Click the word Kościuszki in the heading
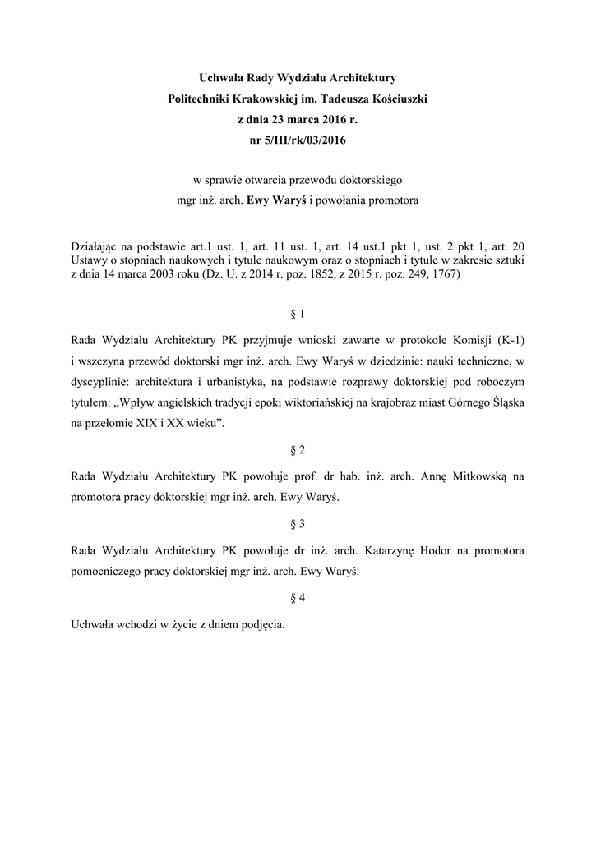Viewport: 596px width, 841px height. tap(399, 99)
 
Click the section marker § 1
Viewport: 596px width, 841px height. tap(298, 314)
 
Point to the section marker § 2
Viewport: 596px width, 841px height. tap(298, 450)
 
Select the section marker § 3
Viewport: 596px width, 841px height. tap(298, 524)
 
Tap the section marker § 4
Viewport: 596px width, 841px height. tap(298, 599)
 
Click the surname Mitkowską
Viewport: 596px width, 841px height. tap(475, 475)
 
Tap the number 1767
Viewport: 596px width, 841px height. tap(448, 276)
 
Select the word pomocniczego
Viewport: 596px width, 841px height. tap(108, 571)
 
